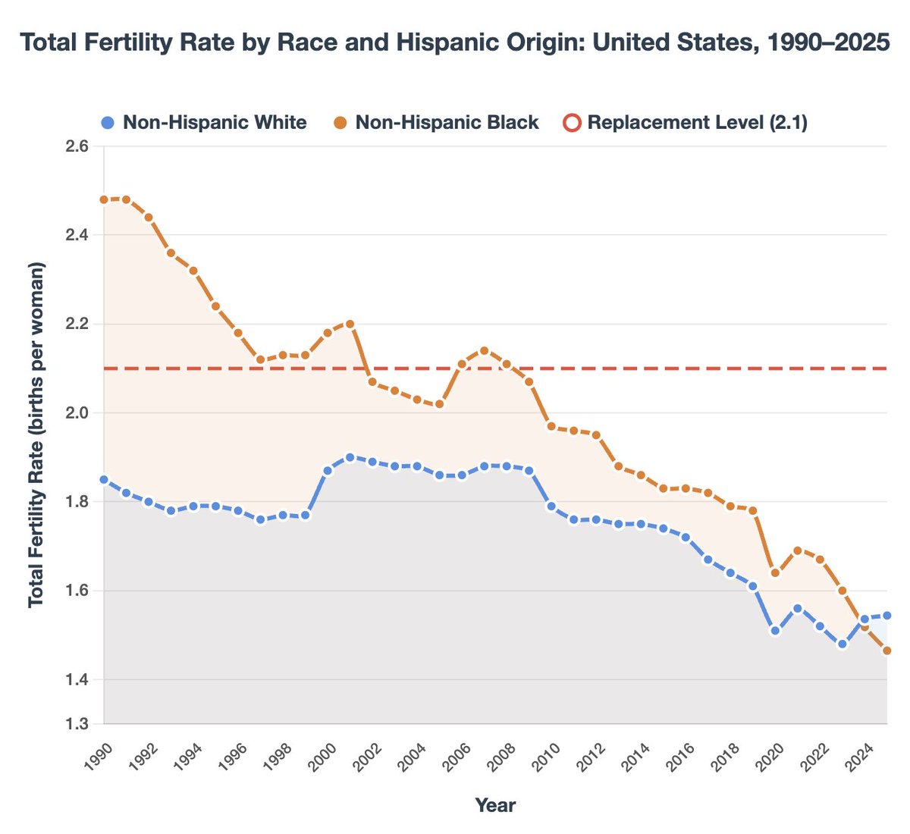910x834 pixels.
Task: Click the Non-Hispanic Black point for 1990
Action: pyautogui.click(x=104, y=200)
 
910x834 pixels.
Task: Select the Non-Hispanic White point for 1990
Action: pyautogui.click(x=104, y=480)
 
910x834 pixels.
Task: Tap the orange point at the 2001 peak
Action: pyautogui.click(x=350, y=324)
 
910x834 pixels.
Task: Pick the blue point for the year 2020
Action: pyautogui.click(x=775, y=631)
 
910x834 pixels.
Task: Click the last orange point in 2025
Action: pyautogui.click(x=886, y=651)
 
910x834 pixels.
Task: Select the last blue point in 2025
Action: pyautogui.click(x=886, y=616)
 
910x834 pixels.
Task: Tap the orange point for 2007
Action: pyautogui.click(x=484, y=350)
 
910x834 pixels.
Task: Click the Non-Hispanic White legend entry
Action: pyautogui.click(x=204, y=122)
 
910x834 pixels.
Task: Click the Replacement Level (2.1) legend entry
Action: pyautogui.click(x=686, y=122)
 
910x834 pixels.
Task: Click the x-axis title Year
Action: pyautogui.click(x=495, y=805)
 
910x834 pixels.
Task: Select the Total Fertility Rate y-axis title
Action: pyautogui.click(x=36, y=434)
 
